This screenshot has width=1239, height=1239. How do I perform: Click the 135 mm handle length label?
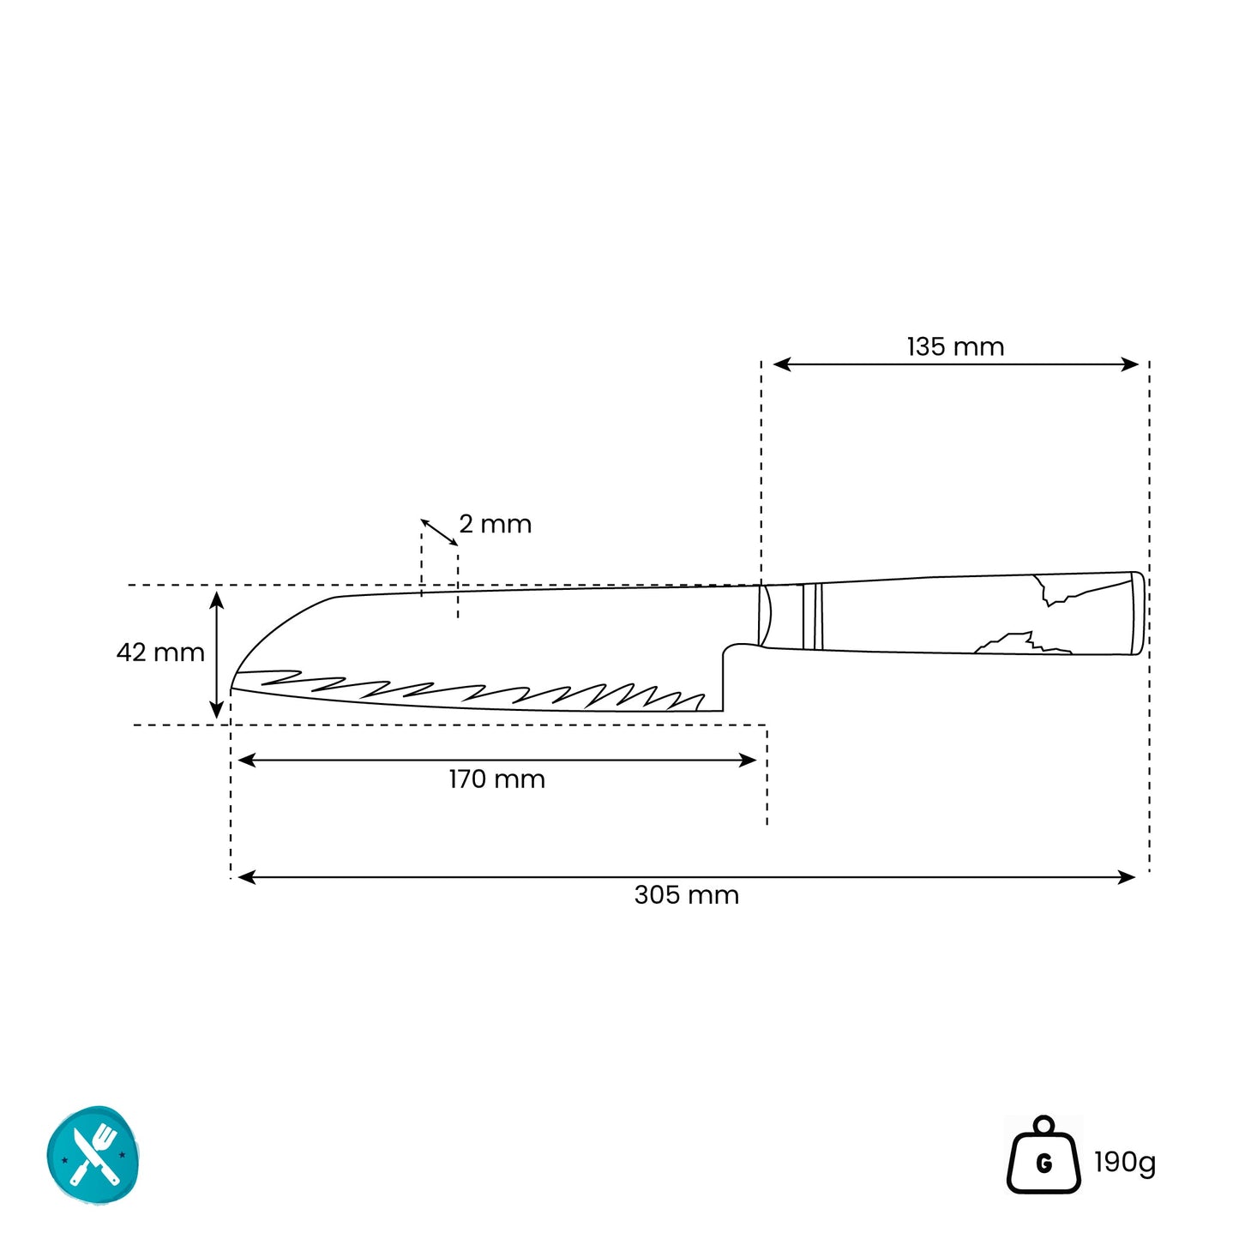[x=955, y=347]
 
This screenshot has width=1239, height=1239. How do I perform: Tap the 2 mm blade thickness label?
[x=495, y=524]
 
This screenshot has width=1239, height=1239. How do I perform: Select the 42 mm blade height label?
[x=160, y=653]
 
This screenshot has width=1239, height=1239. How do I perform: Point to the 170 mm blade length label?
[x=496, y=779]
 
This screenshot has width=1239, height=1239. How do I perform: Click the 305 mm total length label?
[x=686, y=895]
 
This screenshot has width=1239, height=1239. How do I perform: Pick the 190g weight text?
[x=1124, y=1163]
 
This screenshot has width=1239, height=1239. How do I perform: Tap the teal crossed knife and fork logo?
[x=93, y=1156]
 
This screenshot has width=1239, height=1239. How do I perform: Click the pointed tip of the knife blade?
[x=232, y=687]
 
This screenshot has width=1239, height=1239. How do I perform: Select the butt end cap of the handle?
[x=1137, y=613]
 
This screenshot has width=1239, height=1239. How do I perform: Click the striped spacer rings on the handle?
[x=812, y=616]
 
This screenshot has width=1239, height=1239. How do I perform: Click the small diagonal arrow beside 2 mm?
[x=439, y=532]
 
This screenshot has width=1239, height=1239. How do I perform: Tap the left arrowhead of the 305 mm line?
[x=244, y=877]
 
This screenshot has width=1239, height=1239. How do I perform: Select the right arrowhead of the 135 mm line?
[x=1131, y=364]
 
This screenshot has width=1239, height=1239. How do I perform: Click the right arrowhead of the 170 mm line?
[x=749, y=760]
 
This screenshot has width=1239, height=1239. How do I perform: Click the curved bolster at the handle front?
[x=764, y=615]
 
